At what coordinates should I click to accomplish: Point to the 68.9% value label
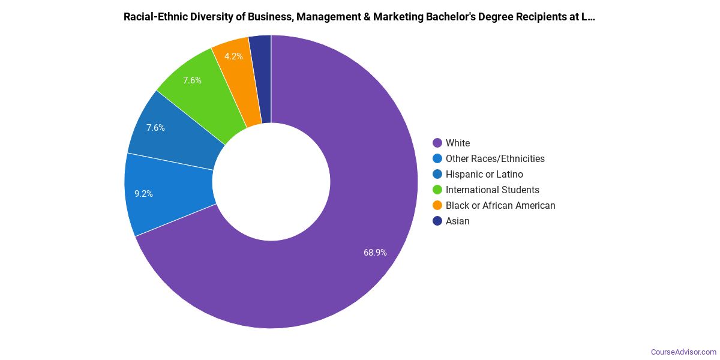[x=375, y=253]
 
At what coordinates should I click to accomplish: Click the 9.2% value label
[x=143, y=194]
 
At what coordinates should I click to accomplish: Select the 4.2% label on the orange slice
[x=233, y=56]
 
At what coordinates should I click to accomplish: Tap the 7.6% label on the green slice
[x=192, y=80]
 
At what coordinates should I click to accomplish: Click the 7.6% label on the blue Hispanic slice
[x=155, y=128]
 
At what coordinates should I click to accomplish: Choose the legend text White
[x=458, y=143]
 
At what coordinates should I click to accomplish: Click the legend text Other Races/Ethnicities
[x=495, y=158]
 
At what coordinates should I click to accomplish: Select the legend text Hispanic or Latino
[x=484, y=174]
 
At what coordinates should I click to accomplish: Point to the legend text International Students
[x=492, y=190]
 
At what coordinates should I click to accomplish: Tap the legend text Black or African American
[x=500, y=205]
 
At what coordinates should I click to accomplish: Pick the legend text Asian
[x=458, y=221]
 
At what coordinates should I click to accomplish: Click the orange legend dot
[x=437, y=205]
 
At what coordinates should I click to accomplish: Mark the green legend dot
[x=437, y=190]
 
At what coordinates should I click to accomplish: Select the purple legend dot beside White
[x=437, y=143]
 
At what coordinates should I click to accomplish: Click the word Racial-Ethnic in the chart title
[x=155, y=17]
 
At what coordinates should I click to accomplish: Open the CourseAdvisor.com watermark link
[x=683, y=352]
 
